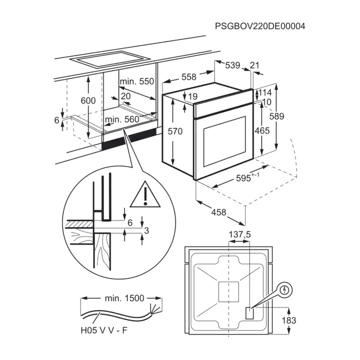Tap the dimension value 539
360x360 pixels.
[x=233, y=66]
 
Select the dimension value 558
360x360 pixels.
[x=189, y=77]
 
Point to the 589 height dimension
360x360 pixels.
[x=277, y=116]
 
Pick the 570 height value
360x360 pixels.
[x=175, y=131]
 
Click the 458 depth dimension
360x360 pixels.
[x=219, y=212]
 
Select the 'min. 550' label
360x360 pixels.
[x=137, y=81]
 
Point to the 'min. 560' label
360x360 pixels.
[x=122, y=120]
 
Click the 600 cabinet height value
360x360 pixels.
[x=88, y=101]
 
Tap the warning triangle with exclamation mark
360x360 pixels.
[x=145, y=198]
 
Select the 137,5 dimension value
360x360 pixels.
[x=240, y=235]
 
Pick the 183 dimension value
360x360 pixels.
[x=289, y=320]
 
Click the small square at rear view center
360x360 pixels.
[x=229, y=291]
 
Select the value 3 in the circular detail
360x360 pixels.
[x=146, y=231]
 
